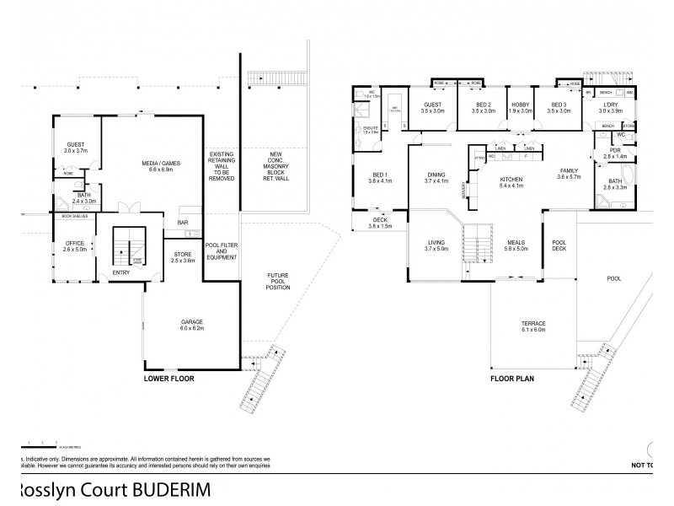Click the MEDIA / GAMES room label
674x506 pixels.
(x=154, y=167)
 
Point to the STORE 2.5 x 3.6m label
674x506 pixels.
(x=183, y=257)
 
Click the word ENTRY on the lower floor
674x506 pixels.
(x=121, y=273)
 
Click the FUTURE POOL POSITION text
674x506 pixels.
(x=278, y=282)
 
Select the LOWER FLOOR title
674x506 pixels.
(x=168, y=379)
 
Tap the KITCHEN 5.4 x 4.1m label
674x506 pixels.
(x=511, y=183)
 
